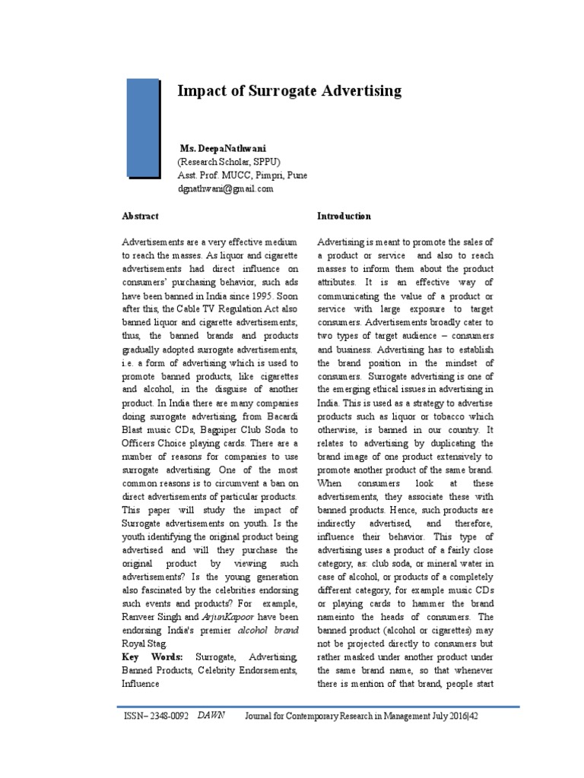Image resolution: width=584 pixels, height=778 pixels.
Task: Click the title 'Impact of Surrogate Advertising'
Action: click(x=289, y=91)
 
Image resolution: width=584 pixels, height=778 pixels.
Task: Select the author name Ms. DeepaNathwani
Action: click(x=218, y=148)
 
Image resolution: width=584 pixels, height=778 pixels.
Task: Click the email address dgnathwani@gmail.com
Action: click(x=224, y=189)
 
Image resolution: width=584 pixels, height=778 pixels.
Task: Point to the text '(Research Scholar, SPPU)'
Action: click(x=229, y=162)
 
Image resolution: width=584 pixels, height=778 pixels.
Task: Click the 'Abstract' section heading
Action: click(x=141, y=217)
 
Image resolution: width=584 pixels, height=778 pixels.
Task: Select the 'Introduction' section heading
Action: click(x=344, y=217)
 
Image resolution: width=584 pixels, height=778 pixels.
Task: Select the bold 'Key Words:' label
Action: click(x=145, y=656)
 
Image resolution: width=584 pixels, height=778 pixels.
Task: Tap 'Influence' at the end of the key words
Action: click(x=141, y=683)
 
